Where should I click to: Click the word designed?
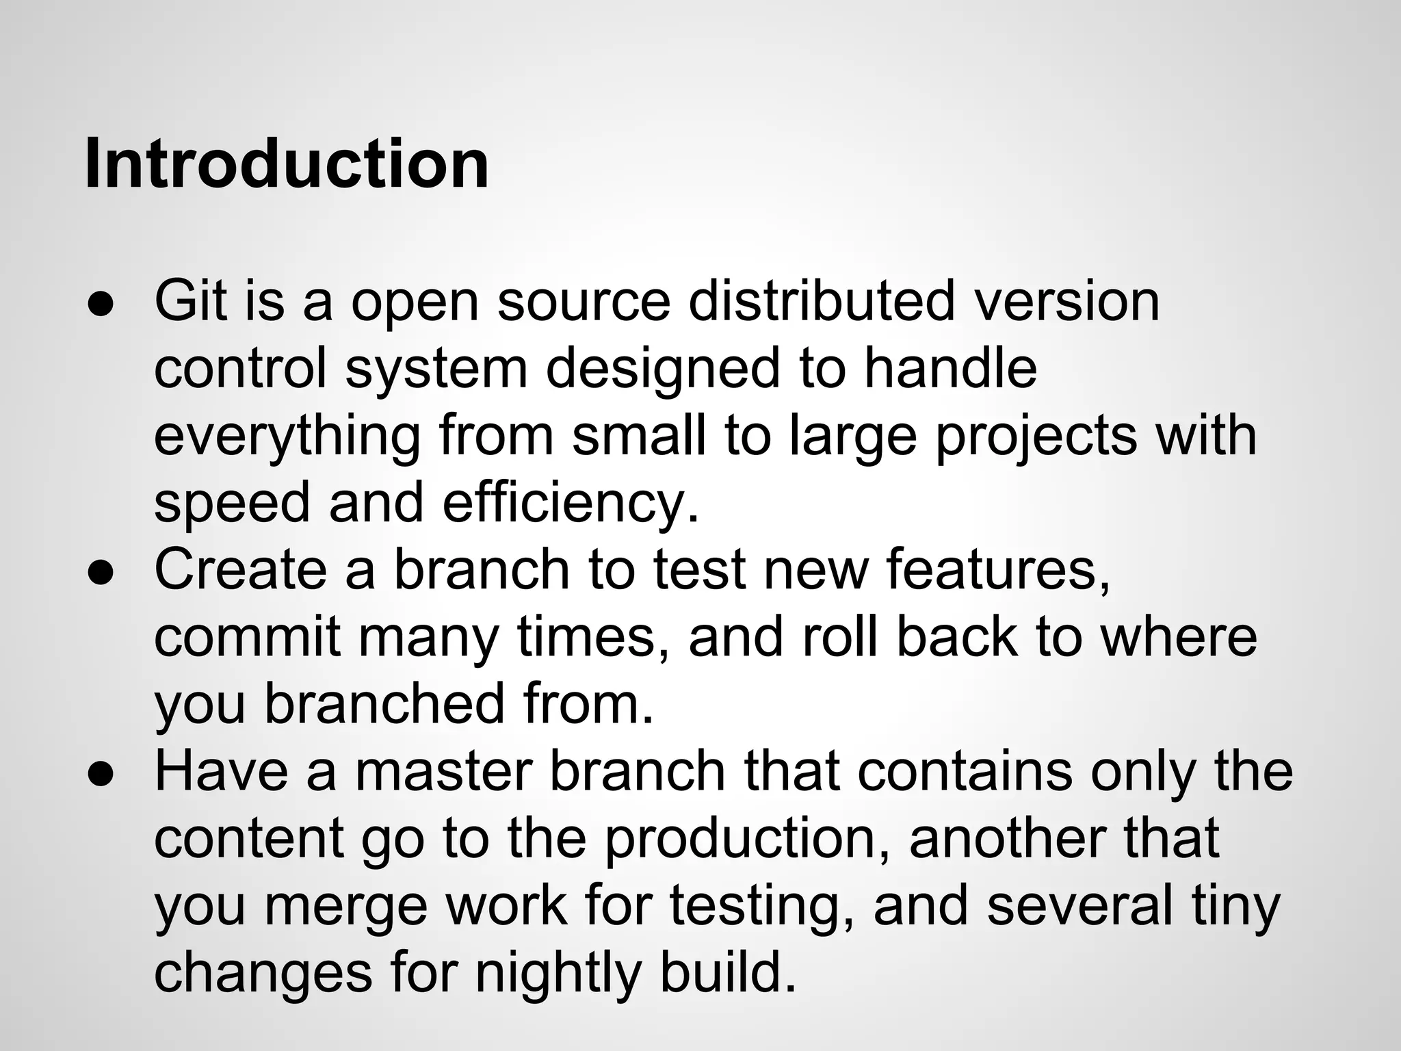tap(662, 369)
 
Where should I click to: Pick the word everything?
tap(287, 437)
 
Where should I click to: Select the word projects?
tap(1036, 437)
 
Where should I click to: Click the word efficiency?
tap(571, 503)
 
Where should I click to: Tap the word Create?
tap(241, 570)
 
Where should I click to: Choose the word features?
tap(999, 570)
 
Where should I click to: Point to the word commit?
tap(247, 637)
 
